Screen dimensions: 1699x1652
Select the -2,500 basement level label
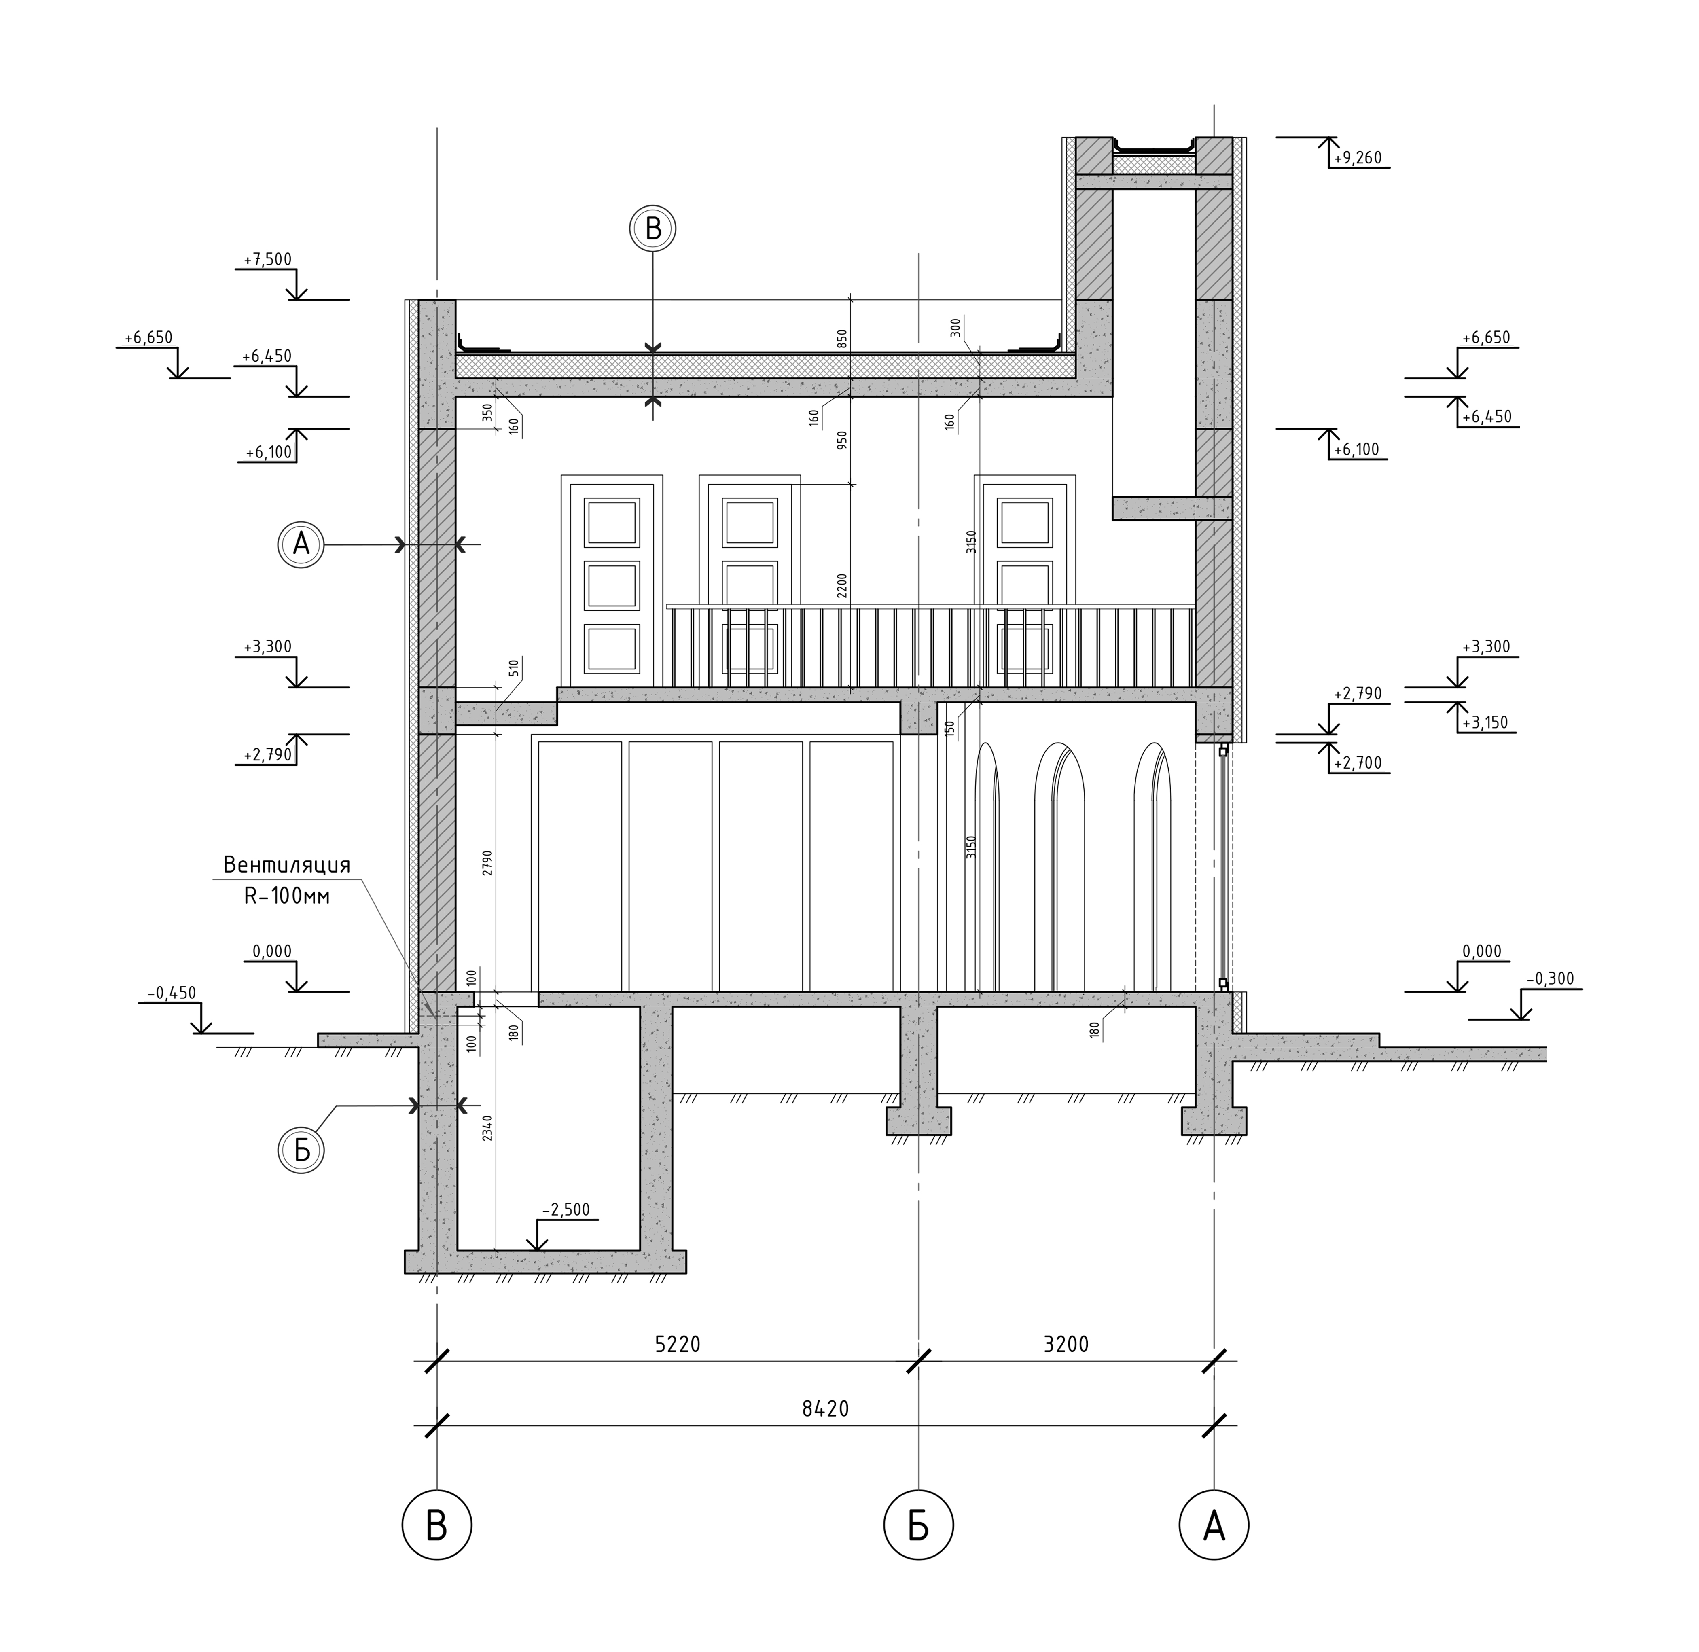coord(566,1209)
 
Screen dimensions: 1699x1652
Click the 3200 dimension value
coord(1066,1344)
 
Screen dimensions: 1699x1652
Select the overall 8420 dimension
coord(825,1409)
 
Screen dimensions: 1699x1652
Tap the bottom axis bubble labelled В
coord(436,1525)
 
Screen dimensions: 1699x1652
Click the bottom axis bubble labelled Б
coord(918,1525)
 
